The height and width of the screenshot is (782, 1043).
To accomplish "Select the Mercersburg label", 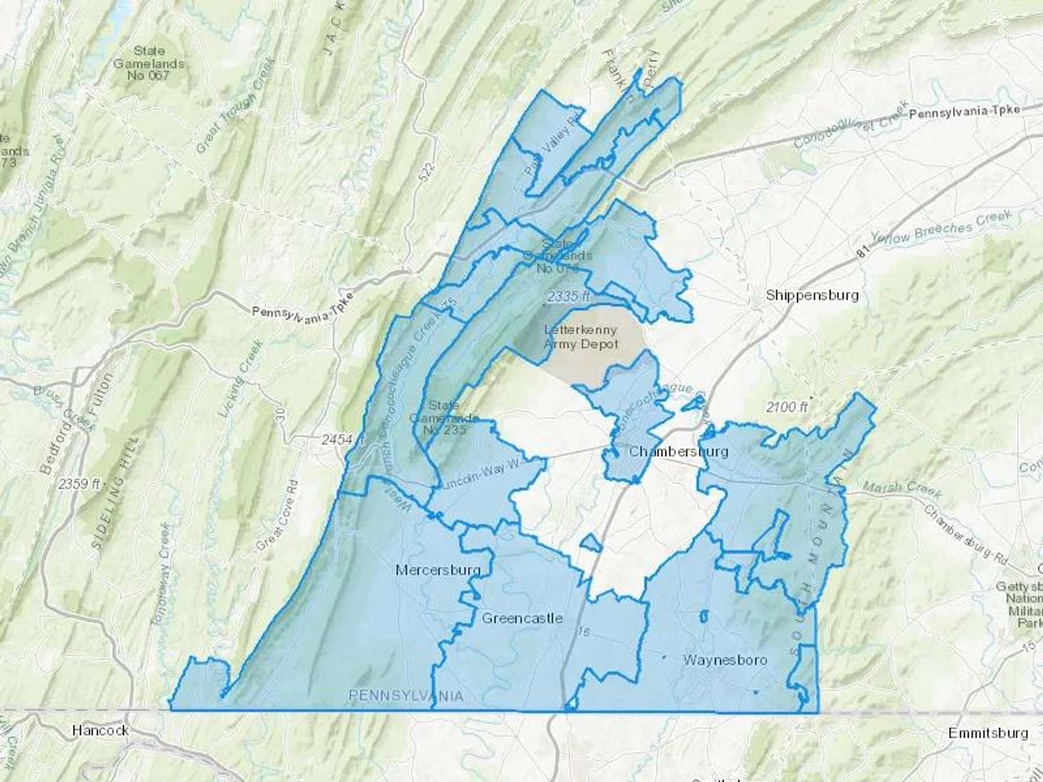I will tap(438, 570).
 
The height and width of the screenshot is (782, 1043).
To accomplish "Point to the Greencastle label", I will tap(522, 618).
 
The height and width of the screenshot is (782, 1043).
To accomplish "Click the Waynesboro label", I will tap(725, 660).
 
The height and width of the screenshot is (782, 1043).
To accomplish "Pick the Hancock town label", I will tap(100, 730).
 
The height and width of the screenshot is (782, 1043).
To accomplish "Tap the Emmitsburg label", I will tap(988, 733).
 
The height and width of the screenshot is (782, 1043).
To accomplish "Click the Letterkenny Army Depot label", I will tap(581, 337).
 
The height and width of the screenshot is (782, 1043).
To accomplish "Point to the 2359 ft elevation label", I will tap(79, 484).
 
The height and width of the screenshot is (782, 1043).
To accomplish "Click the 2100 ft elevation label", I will tap(786, 407).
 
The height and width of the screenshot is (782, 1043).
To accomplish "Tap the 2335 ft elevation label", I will tap(568, 297).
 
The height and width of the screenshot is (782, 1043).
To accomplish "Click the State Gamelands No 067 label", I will tap(149, 63).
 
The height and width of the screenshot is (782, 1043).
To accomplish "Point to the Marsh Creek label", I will tap(902, 489).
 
